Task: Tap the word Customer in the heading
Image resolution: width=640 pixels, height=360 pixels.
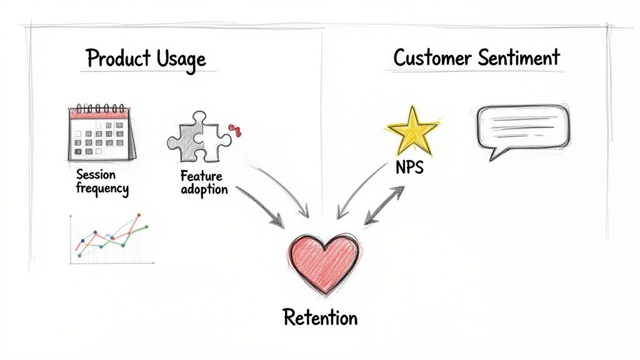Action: pos(433,58)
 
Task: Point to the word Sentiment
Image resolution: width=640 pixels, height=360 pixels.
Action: pos(519,58)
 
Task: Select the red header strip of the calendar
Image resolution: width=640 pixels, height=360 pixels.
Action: pos(101,114)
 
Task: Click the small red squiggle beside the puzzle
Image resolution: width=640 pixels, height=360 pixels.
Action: pos(236,130)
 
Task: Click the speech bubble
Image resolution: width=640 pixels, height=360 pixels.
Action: pos(522,127)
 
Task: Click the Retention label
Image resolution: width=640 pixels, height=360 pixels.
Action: pos(320,317)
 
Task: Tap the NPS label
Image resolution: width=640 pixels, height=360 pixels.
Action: pos(409,167)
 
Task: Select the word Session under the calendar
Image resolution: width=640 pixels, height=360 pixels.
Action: pos(96,174)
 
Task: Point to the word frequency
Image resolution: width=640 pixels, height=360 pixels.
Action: pos(102,187)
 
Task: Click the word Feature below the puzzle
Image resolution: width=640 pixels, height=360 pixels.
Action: pos(201,176)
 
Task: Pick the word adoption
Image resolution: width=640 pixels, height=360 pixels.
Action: pos(204,189)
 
